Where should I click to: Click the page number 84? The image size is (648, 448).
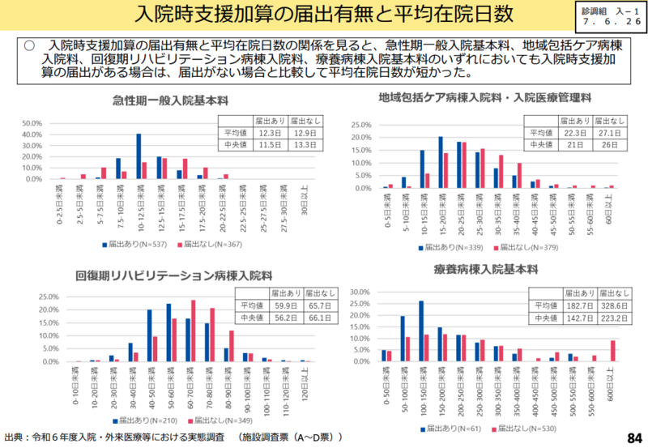pos(633,438)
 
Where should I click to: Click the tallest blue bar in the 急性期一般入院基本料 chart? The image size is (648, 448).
pos(139,156)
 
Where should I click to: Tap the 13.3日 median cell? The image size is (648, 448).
pos(305,145)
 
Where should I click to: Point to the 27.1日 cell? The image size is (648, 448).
pos(611,132)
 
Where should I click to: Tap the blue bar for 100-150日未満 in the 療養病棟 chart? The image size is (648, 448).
pos(421,331)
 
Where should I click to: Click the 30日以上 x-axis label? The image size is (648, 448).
pos(302,202)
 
